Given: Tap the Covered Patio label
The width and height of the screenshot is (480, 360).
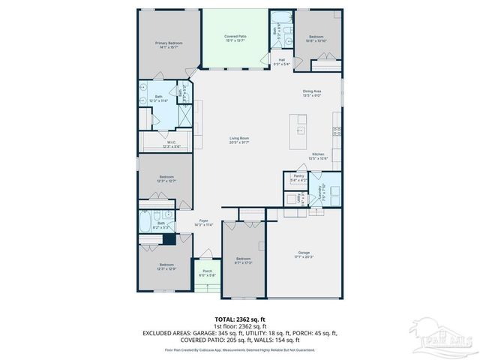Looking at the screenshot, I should click(236, 38).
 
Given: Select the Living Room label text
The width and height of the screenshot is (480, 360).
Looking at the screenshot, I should click(239, 140).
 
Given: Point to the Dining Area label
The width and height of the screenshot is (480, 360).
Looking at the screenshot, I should click(312, 93).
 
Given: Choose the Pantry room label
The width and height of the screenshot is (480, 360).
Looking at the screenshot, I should click(298, 178).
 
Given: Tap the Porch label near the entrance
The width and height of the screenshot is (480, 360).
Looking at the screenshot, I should click(207, 273).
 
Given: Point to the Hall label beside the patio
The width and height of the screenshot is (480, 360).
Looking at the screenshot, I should click(281, 62).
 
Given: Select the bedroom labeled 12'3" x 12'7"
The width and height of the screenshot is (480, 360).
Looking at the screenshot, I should click(166, 179).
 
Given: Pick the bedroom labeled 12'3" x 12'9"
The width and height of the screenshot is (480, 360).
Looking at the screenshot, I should click(166, 266).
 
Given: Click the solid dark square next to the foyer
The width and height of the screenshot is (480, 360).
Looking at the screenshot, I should click(169, 239).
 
